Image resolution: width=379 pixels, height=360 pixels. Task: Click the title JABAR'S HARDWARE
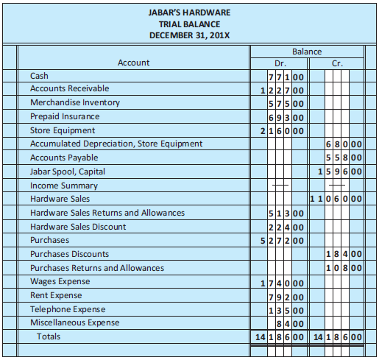[190, 13]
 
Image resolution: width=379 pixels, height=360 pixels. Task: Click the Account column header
[133, 63]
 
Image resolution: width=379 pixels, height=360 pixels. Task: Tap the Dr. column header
[280, 63]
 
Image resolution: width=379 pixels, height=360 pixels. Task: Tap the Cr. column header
[336, 63]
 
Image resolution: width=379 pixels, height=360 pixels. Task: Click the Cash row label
[40, 76]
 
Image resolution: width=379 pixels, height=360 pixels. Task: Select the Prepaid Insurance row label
[64, 116]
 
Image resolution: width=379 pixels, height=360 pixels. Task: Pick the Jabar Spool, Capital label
[67, 172]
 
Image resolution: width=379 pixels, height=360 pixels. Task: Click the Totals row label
[49, 336]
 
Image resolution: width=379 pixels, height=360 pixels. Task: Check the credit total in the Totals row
[336, 337]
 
